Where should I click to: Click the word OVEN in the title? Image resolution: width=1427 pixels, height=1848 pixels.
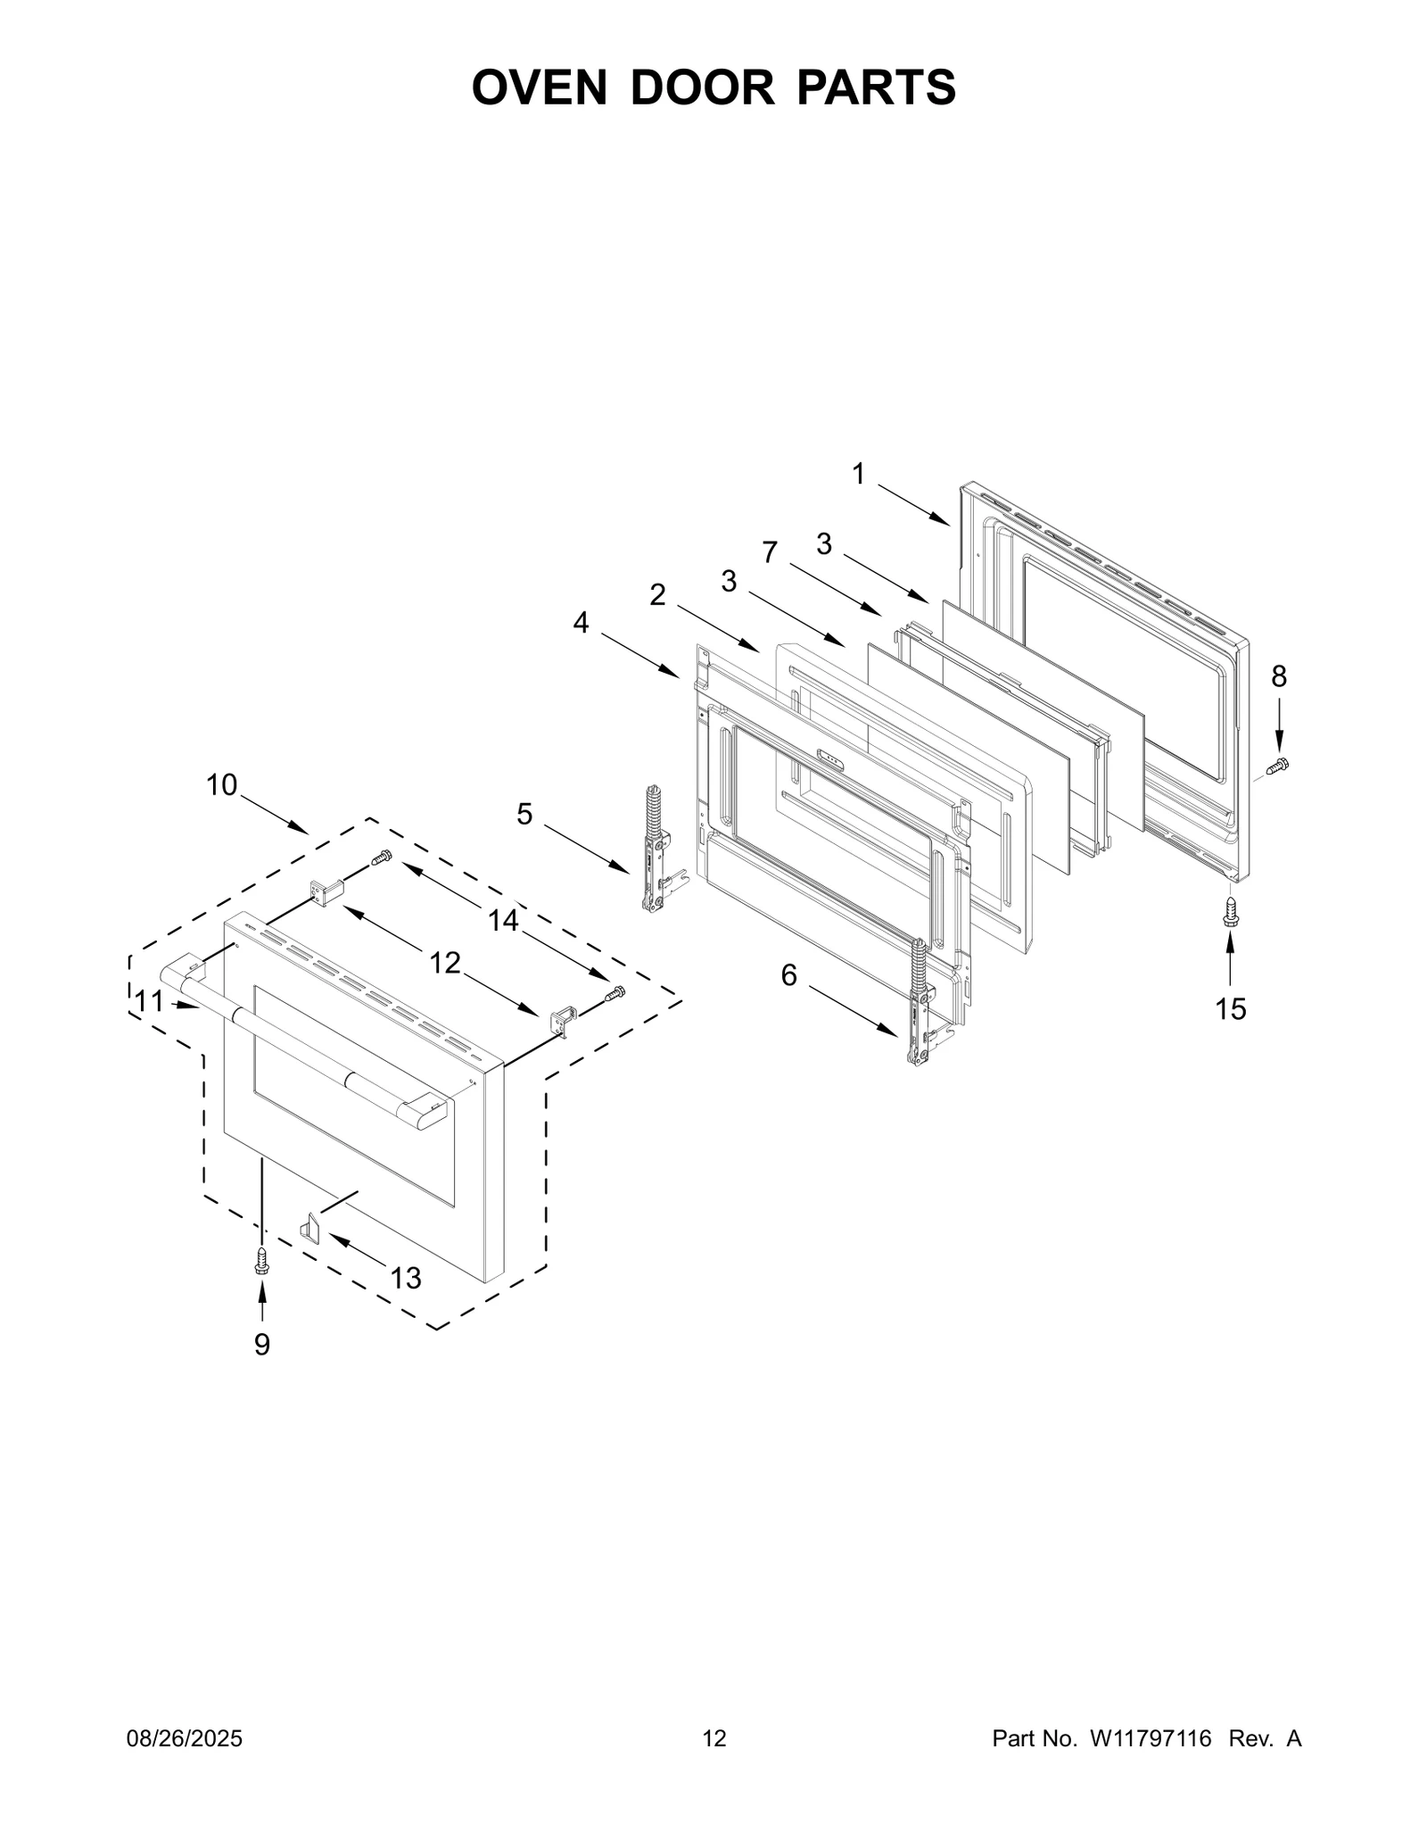pos(539,87)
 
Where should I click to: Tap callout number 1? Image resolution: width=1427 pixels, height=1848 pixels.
pos(858,474)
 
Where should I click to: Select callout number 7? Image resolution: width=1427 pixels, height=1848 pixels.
pos(770,552)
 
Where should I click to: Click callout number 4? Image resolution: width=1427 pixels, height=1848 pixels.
pos(581,622)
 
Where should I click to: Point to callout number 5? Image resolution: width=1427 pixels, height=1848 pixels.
pos(524,814)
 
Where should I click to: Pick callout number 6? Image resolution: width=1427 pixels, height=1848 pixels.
pos(789,975)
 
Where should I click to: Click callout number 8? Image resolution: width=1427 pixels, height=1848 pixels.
pos(1279,676)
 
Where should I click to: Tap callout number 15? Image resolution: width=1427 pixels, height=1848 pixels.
pos(1231,1009)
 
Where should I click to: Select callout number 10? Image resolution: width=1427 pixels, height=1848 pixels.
pos(222,785)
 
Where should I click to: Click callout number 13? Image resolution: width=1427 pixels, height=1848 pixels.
pos(406,1279)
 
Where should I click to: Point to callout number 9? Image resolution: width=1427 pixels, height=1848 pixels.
pos(261,1344)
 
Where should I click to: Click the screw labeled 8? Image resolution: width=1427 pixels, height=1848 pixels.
pos(1278,765)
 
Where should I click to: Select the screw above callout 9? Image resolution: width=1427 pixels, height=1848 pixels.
pos(261,1260)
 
